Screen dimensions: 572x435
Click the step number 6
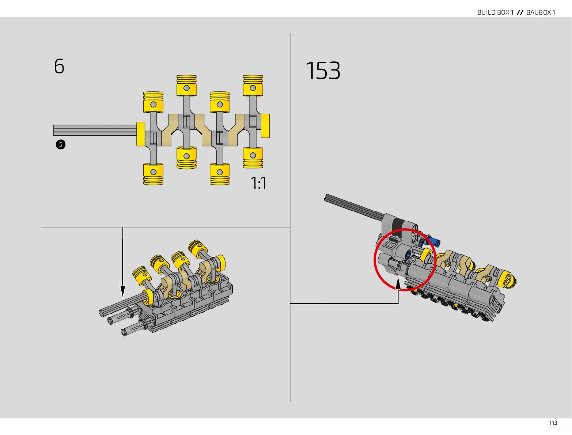(59, 66)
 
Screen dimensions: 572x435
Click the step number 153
(323, 70)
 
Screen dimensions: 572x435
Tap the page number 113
(553, 423)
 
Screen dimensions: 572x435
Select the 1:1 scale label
(258, 183)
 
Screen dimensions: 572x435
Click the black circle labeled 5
(61, 145)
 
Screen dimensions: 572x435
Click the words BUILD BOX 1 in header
(495, 12)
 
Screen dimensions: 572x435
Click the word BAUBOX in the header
(539, 12)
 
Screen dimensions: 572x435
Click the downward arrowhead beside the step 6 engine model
(122, 291)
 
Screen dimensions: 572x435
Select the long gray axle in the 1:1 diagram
(95, 130)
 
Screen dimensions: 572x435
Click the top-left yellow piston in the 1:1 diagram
(153, 102)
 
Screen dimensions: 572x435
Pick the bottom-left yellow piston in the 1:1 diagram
(153, 174)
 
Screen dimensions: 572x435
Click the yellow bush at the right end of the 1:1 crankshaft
(265, 126)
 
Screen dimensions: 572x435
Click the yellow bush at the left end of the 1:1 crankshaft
(140, 134)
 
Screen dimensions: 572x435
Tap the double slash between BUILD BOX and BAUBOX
(520, 12)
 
